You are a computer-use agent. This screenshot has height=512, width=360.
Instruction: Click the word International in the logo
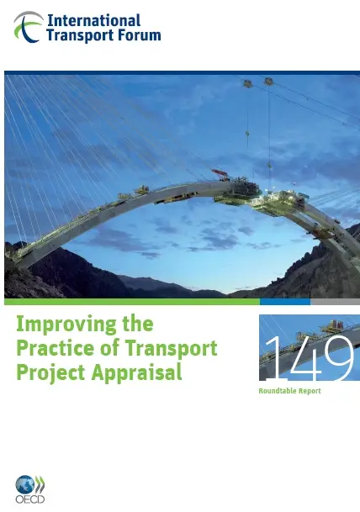coord(94,20)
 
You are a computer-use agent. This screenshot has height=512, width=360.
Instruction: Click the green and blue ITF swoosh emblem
coord(29,27)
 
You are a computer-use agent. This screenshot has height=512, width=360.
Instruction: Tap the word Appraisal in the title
coord(136,373)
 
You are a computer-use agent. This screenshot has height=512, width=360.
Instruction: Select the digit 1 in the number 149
coord(273,358)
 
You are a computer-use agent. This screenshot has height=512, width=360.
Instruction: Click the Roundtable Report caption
coord(289,391)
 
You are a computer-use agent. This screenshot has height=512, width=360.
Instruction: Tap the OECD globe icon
coord(25,484)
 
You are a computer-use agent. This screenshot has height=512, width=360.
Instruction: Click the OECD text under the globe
coord(30,499)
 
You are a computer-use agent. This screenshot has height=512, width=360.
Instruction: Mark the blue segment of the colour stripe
coord(285,301)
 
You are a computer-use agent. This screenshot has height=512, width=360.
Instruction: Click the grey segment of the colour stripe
coord(335,301)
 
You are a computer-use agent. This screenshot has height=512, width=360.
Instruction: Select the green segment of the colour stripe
coord(132,301)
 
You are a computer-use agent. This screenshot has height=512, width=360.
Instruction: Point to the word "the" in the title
coord(138,324)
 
